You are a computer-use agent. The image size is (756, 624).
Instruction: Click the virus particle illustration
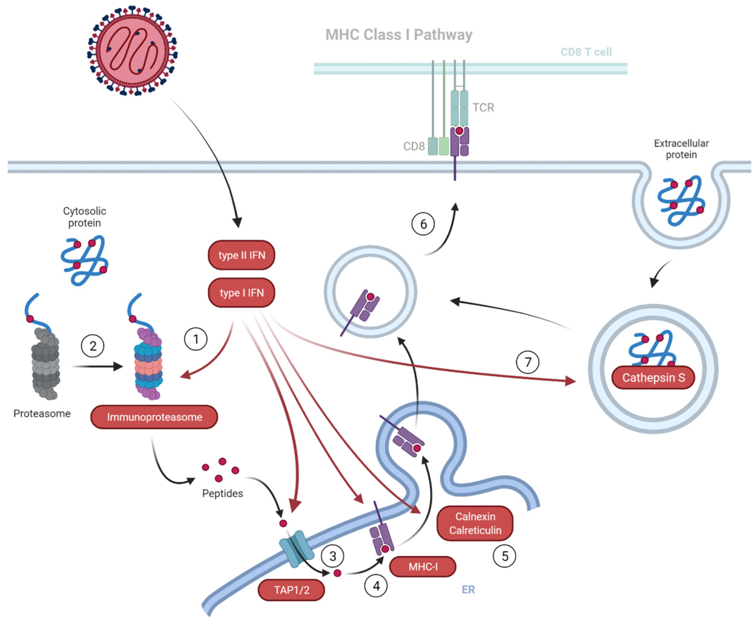(132, 50)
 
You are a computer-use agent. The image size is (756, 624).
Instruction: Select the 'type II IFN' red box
(241, 255)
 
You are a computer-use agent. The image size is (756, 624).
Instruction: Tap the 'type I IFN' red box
(241, 292)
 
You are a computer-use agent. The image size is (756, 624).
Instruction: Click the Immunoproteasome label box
(154, 417)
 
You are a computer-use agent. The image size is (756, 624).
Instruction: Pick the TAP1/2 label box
(291, 590)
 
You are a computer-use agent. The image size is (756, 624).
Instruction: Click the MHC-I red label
(423, 566)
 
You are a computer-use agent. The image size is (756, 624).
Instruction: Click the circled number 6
(423, 224)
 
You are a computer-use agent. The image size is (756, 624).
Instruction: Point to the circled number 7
(527, 362)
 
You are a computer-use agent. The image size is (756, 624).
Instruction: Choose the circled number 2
(92, 346)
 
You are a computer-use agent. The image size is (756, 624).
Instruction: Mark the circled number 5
(504, 556)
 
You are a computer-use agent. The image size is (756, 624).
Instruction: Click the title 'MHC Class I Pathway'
(398, 35)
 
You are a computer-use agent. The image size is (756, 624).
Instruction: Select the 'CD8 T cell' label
(586, 52)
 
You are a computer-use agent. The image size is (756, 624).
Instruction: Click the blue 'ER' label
(468, 590)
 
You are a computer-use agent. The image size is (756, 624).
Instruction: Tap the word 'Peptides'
(222, 493)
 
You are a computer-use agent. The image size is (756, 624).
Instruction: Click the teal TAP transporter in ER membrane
(296, 548)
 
